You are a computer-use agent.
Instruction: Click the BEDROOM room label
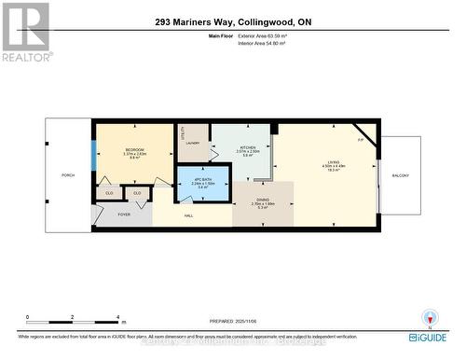(134, 149)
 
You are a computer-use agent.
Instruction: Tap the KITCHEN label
(248, 147)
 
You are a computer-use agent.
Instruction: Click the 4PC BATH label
(202, 178)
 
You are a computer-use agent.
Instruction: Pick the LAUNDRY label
(193, 143)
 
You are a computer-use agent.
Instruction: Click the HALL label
(188, 215)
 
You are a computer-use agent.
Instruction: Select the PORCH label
(67, 174)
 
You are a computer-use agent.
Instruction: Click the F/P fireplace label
(361, 140)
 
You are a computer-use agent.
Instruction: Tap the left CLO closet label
(110, 193)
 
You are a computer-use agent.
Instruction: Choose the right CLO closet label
(137, 193)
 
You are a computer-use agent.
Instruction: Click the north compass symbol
(430, 317)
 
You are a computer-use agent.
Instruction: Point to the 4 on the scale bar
(117, 318)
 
